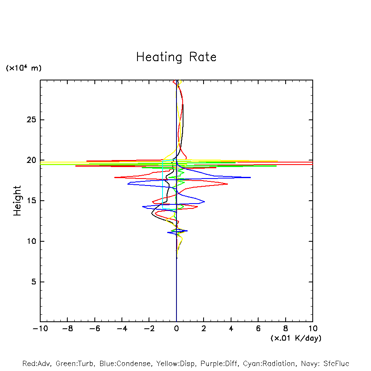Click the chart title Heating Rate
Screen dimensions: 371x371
(x=176, y=57)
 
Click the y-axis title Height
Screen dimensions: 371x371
(x=17, y=201)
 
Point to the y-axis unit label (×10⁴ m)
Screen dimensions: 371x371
(x=24, y=68)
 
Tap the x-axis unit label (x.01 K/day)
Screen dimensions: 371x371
(x=296, y=338)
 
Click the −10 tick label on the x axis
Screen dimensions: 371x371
(x=40, y=329)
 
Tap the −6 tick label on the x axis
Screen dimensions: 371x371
(x=94, y=329)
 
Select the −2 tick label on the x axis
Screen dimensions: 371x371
(x=149, y=329)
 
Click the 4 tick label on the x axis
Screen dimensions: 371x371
(x=231, y=329)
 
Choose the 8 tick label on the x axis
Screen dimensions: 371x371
(x=286, y=329)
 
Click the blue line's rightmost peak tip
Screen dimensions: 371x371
(x=250, y=177)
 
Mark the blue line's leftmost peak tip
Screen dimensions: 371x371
(x=128, y=184)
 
